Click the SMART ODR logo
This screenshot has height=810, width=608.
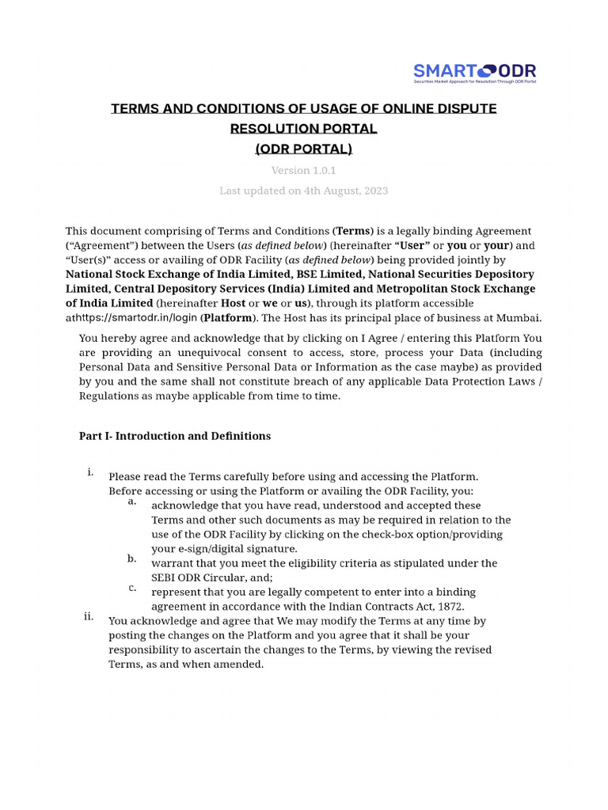pyautogui.click(x=474, y=74)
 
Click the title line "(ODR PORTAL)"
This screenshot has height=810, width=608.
pyautogui.click(x=304, y=149)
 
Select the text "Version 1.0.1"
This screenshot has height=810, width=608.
pyautogui.click(x=304, y=170)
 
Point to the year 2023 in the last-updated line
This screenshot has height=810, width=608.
pyautogui.click(x=374, y=191)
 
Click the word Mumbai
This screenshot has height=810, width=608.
pyautogui.click(x=519, y=318)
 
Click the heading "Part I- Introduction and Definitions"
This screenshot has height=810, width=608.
pyautogui.click(x=175, y=436)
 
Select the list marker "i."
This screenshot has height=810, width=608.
pyautogui.click(x=91, y=472)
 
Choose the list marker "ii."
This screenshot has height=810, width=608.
pyautogui.click(x=89, y=616)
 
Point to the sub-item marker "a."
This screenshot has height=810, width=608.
pyautogui.click(x=131, y=501)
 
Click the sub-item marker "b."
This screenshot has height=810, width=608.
pyautogui.click(x=131, y=558)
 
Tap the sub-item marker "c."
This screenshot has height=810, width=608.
pyautogui.click(x=131, y=587)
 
